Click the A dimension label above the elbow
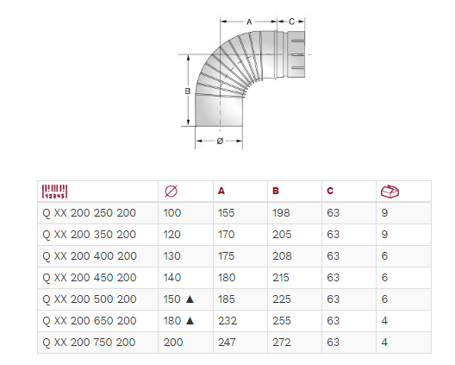tap(249, 22)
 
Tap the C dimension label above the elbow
tap(291, 22)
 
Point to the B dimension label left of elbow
tap(188, 91)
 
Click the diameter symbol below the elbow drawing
tap(220, 141)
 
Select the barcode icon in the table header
tap(54, 192)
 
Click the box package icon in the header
tap(390, 192)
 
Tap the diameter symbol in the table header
tap(171, 192)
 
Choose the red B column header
tap(276, 191)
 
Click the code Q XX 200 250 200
tap(89, 213)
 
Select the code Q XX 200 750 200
tap(89, 343)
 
